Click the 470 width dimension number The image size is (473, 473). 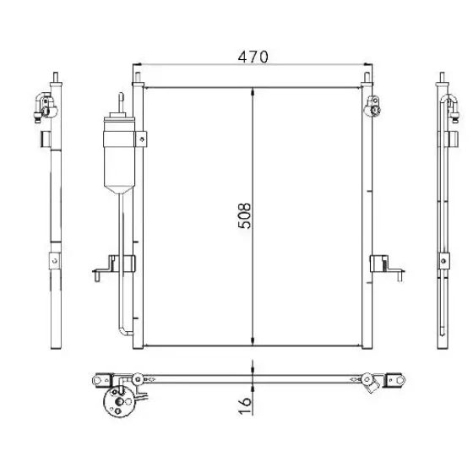tap(253, 57)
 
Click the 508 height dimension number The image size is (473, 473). tap(244, 215)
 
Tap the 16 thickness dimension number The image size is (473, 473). tap(245, 405)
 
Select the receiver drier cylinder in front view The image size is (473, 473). tap(119, 154)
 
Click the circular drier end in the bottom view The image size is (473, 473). tap(118, 401)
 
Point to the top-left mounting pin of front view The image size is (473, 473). tap(138, 77)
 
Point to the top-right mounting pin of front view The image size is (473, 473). tap(367, 77)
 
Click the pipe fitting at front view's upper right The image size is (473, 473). tap(372, 106)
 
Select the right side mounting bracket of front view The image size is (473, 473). tap(387, 268)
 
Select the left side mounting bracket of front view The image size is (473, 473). tap(114, 268)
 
